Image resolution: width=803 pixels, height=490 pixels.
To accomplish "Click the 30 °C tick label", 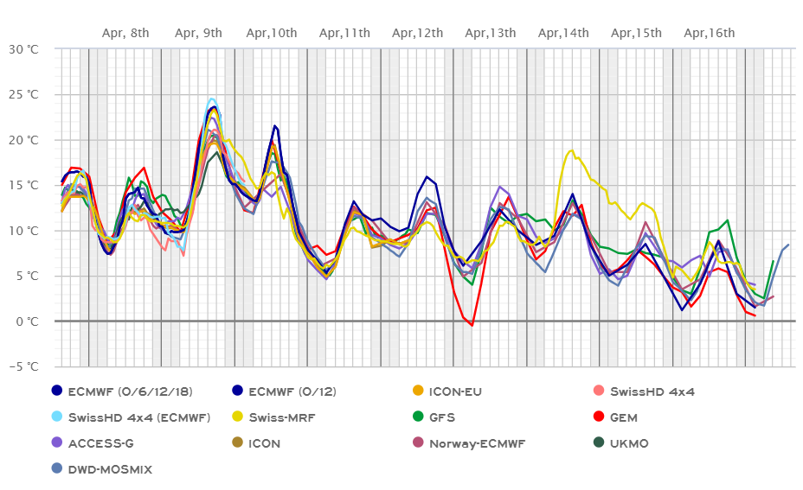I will pyautogui.click(x=24, y=48).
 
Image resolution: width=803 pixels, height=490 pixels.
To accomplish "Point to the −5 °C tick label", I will pyautogui.click(x=24, y=366).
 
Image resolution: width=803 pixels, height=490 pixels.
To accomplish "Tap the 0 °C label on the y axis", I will pyautogui.click(x=28, y=321).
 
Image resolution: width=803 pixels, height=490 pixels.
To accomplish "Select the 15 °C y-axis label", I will pyautogui.click(x=24, y=185).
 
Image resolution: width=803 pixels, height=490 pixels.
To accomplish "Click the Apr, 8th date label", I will pyautogui.click(x=125, y=33).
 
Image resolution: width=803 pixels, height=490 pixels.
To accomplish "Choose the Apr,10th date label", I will pyautogui.click(x=272, y=33).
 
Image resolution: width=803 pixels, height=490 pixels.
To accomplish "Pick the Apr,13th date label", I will pyautogui.click(x=491, y=33).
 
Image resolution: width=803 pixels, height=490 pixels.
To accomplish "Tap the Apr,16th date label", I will pyautogui.click(x=710, y=33).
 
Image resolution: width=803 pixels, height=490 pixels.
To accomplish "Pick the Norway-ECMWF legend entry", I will pyautogui.click(x=488, y=443).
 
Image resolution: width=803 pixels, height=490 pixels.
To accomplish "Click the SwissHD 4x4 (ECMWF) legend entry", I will pyautogui.click(x=138, y=417).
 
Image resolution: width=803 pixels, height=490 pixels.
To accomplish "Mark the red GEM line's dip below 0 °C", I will pyautogui.click(x=472, y=325).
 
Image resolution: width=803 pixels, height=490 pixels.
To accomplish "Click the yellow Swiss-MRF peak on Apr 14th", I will pyautogui.click(x=571, y=150).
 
